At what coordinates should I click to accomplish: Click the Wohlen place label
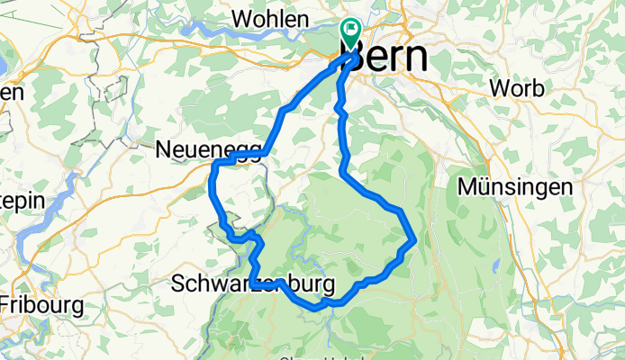tap(270, 19)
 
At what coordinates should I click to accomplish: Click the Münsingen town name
tap(514, 187)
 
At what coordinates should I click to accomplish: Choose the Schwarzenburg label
tap(253, 285)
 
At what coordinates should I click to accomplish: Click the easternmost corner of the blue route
tap(414, 240)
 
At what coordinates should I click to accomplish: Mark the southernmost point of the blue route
tap(315, 308)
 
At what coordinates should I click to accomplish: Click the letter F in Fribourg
tap(6, 305)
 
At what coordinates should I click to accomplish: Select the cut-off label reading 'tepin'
tap(17, 198)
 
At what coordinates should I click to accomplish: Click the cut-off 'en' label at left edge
tap(10, 92)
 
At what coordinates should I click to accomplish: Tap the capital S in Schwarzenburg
tap(178, 285)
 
